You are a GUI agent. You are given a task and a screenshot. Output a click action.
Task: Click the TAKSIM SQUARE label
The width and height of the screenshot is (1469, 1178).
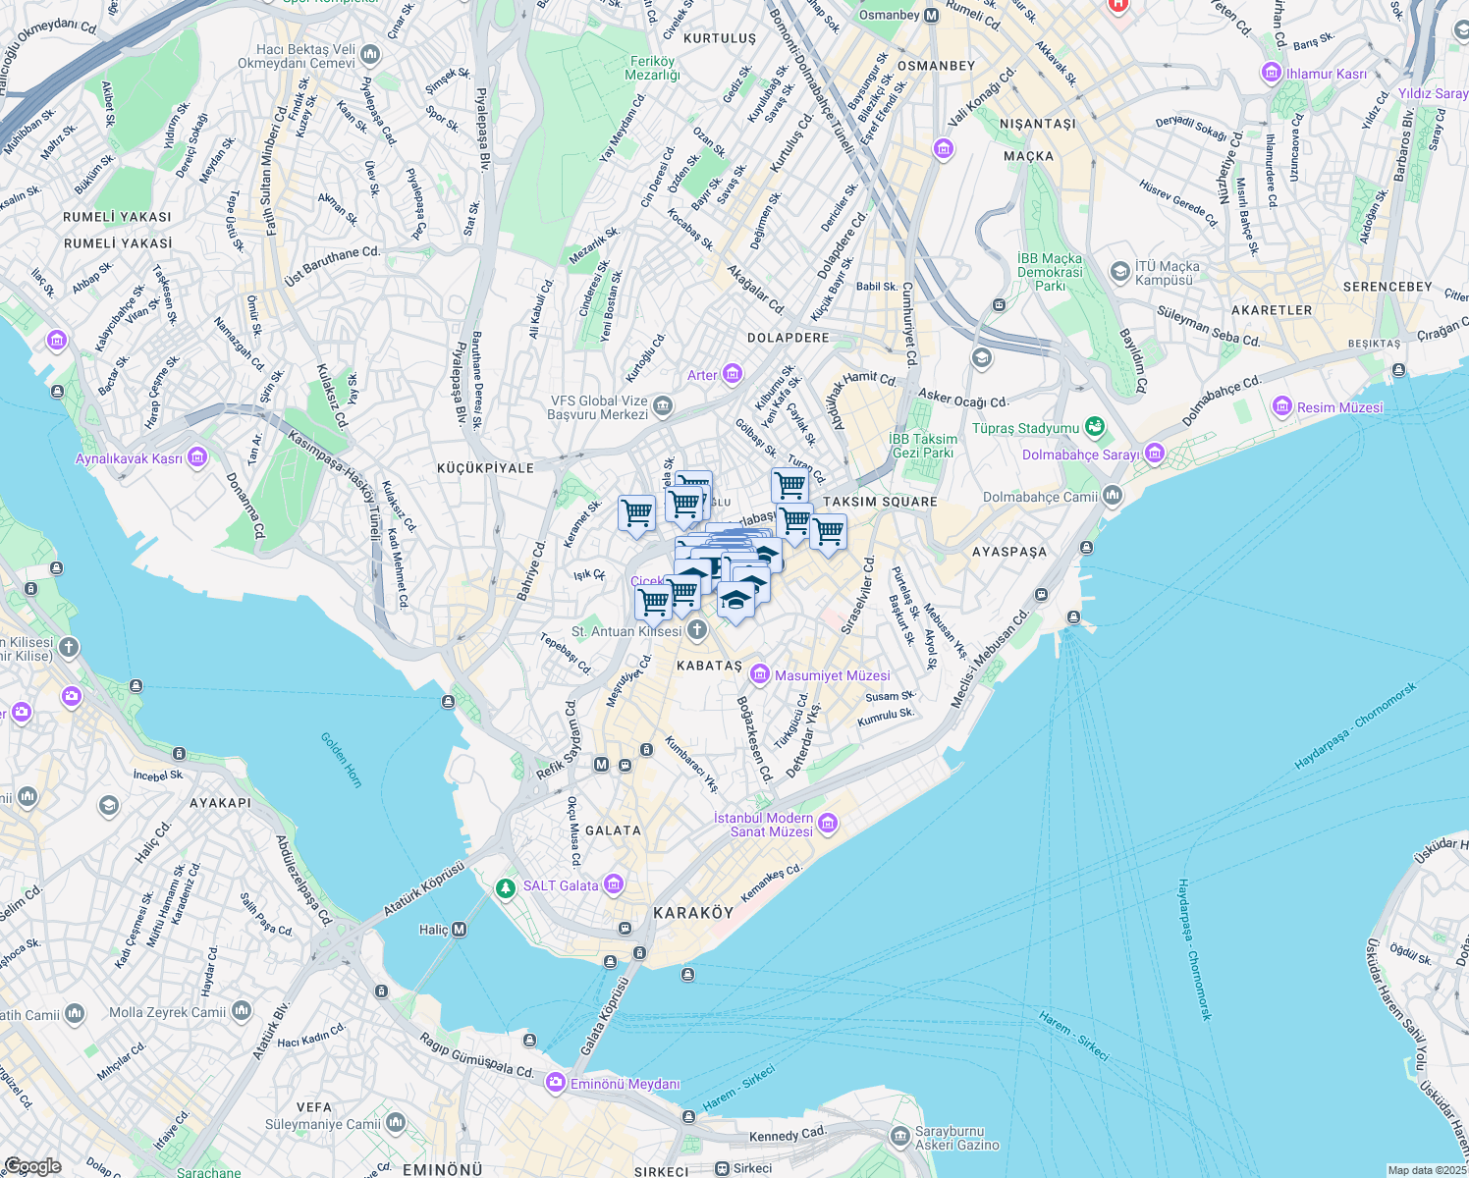pos(880,502)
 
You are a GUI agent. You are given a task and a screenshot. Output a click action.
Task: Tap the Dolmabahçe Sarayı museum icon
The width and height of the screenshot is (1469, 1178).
pos(1154,454)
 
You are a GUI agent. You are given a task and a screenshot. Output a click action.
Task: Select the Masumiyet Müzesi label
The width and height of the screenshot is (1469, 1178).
pos(832,675)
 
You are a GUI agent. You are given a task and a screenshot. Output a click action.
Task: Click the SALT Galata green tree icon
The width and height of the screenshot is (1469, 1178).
pos(505,887)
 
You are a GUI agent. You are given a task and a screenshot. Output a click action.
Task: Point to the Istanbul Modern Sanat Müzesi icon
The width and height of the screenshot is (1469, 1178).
pos(827,824)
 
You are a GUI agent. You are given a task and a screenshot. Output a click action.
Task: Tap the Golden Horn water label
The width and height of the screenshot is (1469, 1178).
pos(342,760)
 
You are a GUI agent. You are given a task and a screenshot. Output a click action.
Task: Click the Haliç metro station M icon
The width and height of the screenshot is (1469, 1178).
pos(458,929)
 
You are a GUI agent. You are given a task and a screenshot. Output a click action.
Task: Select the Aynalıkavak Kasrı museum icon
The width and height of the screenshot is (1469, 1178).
pos(197,457)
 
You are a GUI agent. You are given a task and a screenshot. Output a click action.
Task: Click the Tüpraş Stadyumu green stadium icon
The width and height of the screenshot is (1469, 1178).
pos(1095,427)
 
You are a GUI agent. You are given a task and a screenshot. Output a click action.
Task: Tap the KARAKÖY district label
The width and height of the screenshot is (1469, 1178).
pos(693,913)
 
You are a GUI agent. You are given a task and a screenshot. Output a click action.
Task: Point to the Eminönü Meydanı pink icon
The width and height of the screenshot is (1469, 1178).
pos(556,1082)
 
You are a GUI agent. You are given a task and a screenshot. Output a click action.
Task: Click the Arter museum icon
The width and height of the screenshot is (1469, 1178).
pos(732,374)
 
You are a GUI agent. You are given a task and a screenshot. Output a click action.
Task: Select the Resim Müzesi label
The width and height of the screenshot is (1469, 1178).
pos(1339,407)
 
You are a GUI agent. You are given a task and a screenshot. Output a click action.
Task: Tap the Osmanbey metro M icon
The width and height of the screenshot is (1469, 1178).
pos(931,16)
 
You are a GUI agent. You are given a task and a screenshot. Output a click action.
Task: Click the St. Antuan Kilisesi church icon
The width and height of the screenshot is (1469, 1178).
pos(696,629)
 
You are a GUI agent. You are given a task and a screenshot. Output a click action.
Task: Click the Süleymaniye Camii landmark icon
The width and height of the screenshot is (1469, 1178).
pos(396,1121)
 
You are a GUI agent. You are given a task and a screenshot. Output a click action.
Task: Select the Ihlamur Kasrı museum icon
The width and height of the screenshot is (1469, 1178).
pos(1272,74)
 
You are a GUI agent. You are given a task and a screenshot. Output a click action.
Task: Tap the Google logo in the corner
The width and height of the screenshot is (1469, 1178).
pos(32,1165)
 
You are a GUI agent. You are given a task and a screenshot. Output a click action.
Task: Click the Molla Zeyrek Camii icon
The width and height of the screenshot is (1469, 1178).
pos(242,1011)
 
